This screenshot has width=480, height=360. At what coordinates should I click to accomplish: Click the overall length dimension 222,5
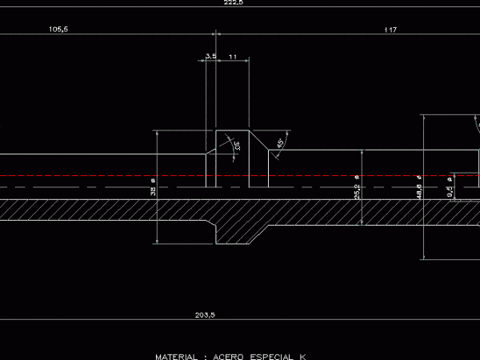pos(234,3)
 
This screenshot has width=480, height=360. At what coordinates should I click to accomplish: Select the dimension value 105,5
pos(58,29)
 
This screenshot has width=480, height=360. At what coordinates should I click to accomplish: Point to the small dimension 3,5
pos(210,56)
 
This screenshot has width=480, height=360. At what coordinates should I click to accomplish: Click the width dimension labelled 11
pos(232,56)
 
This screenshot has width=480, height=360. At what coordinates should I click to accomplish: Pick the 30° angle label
pos(237,146)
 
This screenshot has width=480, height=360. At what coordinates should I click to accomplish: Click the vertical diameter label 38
pos(153,190)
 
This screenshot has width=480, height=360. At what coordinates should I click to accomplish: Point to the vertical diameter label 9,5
pos(450,190)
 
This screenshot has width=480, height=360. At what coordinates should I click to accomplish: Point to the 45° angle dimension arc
pos(275,148)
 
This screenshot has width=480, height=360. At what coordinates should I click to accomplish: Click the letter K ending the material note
pos(303,355)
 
